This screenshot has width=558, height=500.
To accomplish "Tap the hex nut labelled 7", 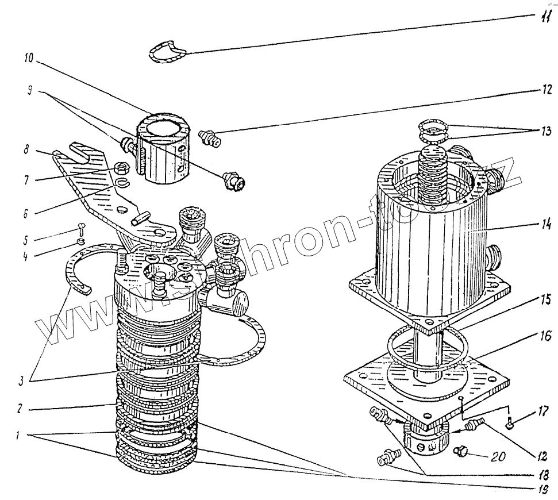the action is (x=122, y=168).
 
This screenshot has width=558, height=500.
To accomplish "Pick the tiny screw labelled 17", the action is (x=511, y=425).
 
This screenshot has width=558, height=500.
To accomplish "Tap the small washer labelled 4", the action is (x=82, y=241).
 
